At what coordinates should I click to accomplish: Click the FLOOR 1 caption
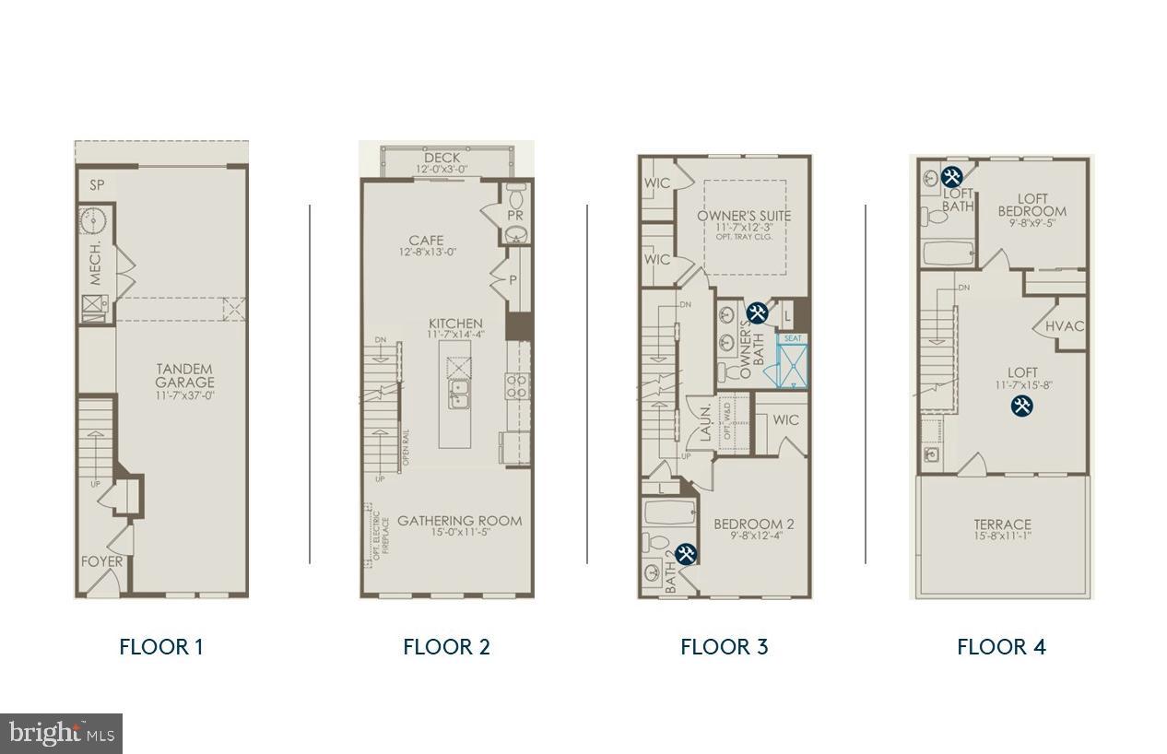click(x=160, y=646)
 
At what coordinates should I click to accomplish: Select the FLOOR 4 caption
click(x=1001, y=646)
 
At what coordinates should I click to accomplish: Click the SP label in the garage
click(x=97, y=185)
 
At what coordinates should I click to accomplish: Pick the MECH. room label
click(x=96, y=264)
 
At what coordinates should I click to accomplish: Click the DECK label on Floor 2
click(x=442, y=159)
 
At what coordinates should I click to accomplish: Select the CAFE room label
click(x=427, y=242)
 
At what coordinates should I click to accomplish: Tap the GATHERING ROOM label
click(x=459, y=522)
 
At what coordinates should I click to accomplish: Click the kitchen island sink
click(x=458, y=397)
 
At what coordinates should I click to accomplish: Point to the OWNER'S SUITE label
click(x=744, y=217)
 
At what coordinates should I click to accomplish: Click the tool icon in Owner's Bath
click(x=757, y=313)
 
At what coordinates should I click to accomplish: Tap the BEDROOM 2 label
click(x=753, y=524)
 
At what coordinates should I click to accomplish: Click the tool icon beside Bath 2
click(x=686, y=554)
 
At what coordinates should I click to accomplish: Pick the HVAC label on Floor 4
click(x=1065, y=326)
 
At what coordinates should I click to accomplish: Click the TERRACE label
click(x=1002, y=524)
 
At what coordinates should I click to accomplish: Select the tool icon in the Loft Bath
click(x=953, y=175)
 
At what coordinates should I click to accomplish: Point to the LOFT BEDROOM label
click(x=1032, y=205)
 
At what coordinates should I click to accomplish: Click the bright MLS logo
click(x=61, y=734)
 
